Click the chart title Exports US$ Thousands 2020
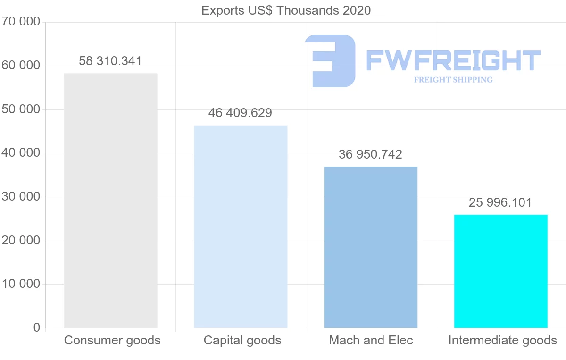tap(286, 10)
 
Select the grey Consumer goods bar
tap(110, 201)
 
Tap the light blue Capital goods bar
tap(241, 226)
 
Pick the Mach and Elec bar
tap(371, 247)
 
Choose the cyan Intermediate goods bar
tap(501, 271)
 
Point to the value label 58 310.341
tap(110, 61)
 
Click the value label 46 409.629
tap(240, 113)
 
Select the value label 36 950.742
tap(370, 154)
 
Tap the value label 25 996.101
tap(500, 202)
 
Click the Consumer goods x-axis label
tap(112, 340)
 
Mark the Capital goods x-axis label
tap(242, 340)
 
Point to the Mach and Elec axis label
tap(371, 340)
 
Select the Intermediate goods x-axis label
tap(503, 340)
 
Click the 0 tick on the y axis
tap(36, 327)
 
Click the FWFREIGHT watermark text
tap(453, 60)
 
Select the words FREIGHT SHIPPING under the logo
tap(453, 80)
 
